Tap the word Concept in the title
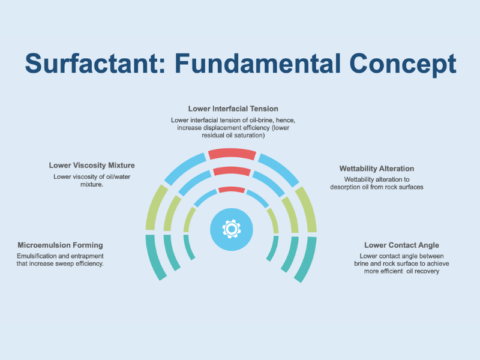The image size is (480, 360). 403,65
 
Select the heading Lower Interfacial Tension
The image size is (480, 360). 233,109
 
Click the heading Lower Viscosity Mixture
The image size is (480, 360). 92,166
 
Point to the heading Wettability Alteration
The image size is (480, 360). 377,169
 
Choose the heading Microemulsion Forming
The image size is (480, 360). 61,245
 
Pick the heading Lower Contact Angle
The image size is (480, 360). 401,245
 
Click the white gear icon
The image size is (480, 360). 232,229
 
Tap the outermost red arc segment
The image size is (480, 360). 232,154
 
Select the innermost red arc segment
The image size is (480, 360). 232,189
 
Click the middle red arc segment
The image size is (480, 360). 232,171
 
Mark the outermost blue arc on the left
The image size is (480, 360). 184,168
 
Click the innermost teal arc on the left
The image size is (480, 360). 188,247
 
